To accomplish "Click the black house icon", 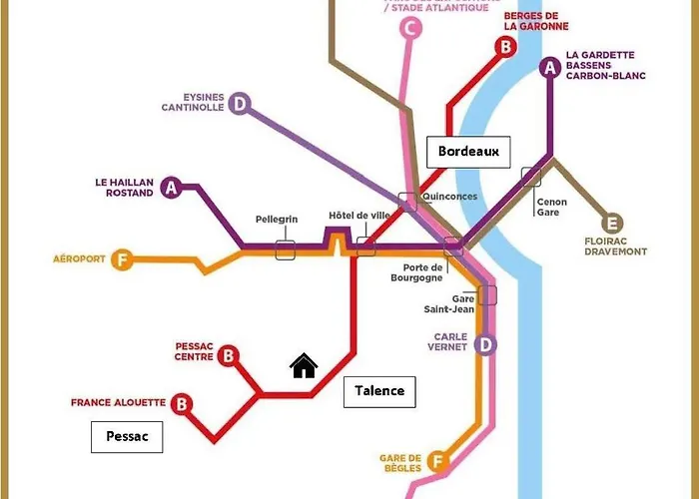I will [304, 367].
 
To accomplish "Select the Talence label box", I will [379, 391].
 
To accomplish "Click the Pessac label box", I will [126, 437].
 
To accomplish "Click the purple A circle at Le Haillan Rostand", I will [171, 187].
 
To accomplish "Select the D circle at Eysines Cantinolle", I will [239, 103].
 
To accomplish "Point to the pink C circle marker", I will [408, 29].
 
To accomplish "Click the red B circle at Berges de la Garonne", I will [505, 46].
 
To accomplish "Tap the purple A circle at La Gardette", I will [548, 68].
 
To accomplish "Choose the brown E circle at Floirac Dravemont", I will [612, 224].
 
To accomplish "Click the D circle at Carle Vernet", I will [484, 345].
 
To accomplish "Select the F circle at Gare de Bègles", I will [436, 461].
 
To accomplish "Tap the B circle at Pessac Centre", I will [229, 355].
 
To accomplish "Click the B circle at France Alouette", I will [182, 404].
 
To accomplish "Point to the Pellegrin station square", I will [286, 249].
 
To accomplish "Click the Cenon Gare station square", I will [531, 177].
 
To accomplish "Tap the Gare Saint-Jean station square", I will [487, 294].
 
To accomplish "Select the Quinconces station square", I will [407, 201].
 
